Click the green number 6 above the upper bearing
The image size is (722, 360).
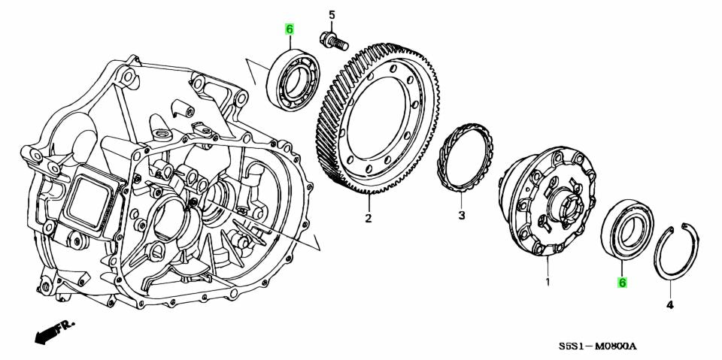[x=290, y=29]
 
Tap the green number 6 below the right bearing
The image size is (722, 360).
[x=622, y=283]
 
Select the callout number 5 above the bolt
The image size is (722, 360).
[x=331, y=14]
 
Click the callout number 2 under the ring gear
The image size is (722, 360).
[x=369, y=219]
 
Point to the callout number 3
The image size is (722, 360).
[x=462, y=216]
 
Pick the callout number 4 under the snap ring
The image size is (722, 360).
[x=670, y=304]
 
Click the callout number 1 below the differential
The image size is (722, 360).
[x=548, y=283]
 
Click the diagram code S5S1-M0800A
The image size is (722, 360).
[x=599, y=346]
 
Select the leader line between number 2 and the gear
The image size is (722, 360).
[x=369, y=203]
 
